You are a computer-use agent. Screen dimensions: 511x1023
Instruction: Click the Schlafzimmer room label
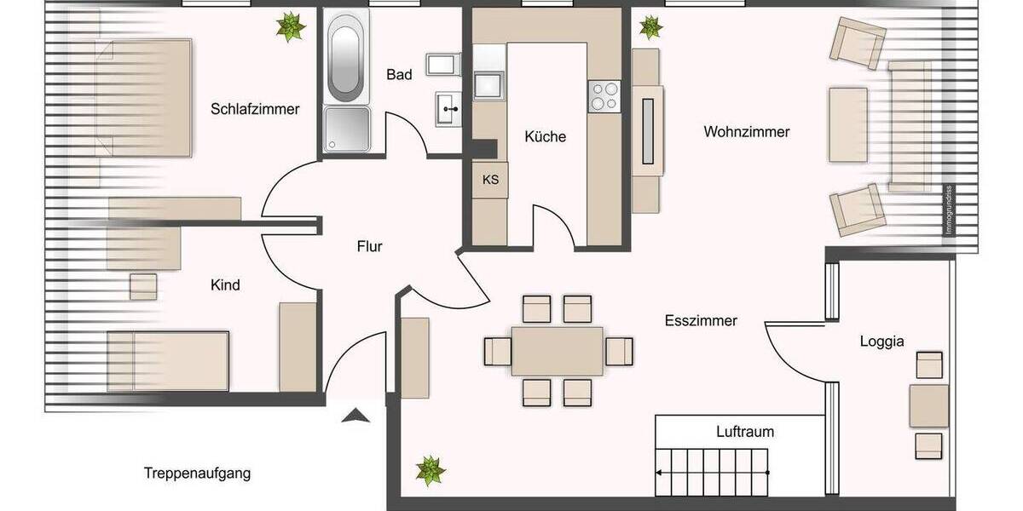(255, 109)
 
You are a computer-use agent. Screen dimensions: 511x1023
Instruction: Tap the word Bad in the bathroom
(399, 75)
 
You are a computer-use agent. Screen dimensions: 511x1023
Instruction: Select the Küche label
(545, 136)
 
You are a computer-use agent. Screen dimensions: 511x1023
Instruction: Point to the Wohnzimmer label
(746, 132)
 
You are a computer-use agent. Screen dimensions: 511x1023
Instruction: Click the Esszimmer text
(700, 321)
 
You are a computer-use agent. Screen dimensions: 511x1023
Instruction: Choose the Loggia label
(881, 342)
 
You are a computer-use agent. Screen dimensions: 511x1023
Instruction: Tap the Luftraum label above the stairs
(744, 432)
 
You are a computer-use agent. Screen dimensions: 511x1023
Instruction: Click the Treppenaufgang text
(197, 473)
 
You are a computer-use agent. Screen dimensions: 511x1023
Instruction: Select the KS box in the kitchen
(490, 180)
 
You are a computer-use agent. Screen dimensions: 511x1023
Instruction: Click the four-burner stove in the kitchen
(604, 95)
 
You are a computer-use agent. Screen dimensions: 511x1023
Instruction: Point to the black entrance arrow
(355, 416)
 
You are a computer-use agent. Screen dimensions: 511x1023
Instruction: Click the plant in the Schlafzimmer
(291, 27)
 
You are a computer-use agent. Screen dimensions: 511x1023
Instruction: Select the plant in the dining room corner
(430, 469)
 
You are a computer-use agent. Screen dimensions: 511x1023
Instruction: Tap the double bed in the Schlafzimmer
(145, 99)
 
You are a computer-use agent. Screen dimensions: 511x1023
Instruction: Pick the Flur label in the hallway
(369, 247)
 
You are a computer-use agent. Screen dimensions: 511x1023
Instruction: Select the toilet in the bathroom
(444, 65)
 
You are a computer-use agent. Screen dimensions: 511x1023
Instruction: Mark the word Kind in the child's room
(225, 284)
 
